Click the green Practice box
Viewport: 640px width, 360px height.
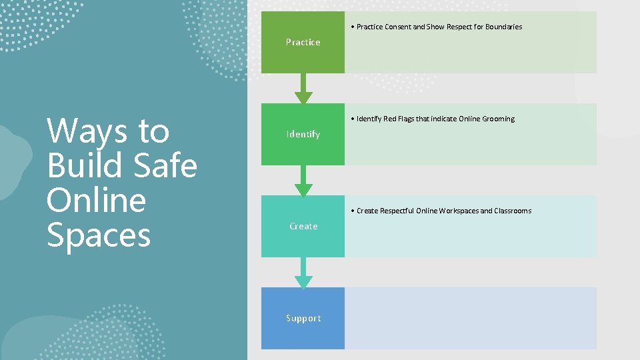point(303,42)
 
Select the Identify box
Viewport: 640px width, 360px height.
point(303,134)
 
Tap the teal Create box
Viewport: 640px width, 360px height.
point(303,226)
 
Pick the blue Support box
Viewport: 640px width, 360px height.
point(303,318)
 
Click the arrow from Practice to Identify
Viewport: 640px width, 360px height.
point(303,87)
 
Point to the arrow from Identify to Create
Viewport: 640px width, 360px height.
point(303,180)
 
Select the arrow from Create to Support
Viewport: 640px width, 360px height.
point(303,272)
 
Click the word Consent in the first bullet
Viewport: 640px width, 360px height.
point(399,27)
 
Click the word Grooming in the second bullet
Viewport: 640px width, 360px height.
point(496,119)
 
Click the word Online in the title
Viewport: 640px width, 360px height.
point(96,200)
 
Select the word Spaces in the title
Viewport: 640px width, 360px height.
point(99,235)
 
